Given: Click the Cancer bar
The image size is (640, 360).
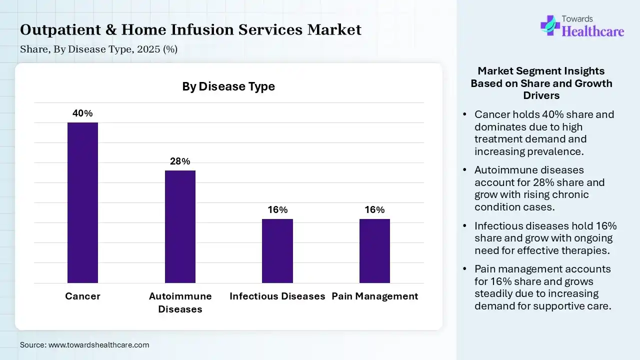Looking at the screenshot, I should [82, 202].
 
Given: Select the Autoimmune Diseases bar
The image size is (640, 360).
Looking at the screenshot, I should [180, 226].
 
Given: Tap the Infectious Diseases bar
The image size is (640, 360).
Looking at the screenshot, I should [277, 251].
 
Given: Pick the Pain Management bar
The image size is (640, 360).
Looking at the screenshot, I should [374, 251].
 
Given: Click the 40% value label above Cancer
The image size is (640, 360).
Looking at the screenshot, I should [82, 113].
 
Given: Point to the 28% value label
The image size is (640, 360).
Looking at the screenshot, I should [180, 161].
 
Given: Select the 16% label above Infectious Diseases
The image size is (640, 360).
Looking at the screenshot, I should [277, 210].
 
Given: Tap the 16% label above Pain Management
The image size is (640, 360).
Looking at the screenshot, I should [374, 210].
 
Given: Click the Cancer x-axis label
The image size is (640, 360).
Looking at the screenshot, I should [82, 296].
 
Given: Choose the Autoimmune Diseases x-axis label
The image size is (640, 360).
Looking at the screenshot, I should [180, 302].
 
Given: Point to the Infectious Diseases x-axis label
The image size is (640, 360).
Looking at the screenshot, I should [277, 296].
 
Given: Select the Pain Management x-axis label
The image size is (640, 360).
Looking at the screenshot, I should [374, 296].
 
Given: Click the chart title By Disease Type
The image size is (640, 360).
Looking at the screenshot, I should [228, 86].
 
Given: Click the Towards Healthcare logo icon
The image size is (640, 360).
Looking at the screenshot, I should [549, 25].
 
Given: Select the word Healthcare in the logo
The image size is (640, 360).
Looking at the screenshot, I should [593, 31].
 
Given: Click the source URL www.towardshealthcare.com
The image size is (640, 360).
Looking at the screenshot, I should [98, 344].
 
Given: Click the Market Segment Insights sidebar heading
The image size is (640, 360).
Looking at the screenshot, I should [541, 83].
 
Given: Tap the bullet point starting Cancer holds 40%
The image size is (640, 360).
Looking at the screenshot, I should [544, 132].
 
